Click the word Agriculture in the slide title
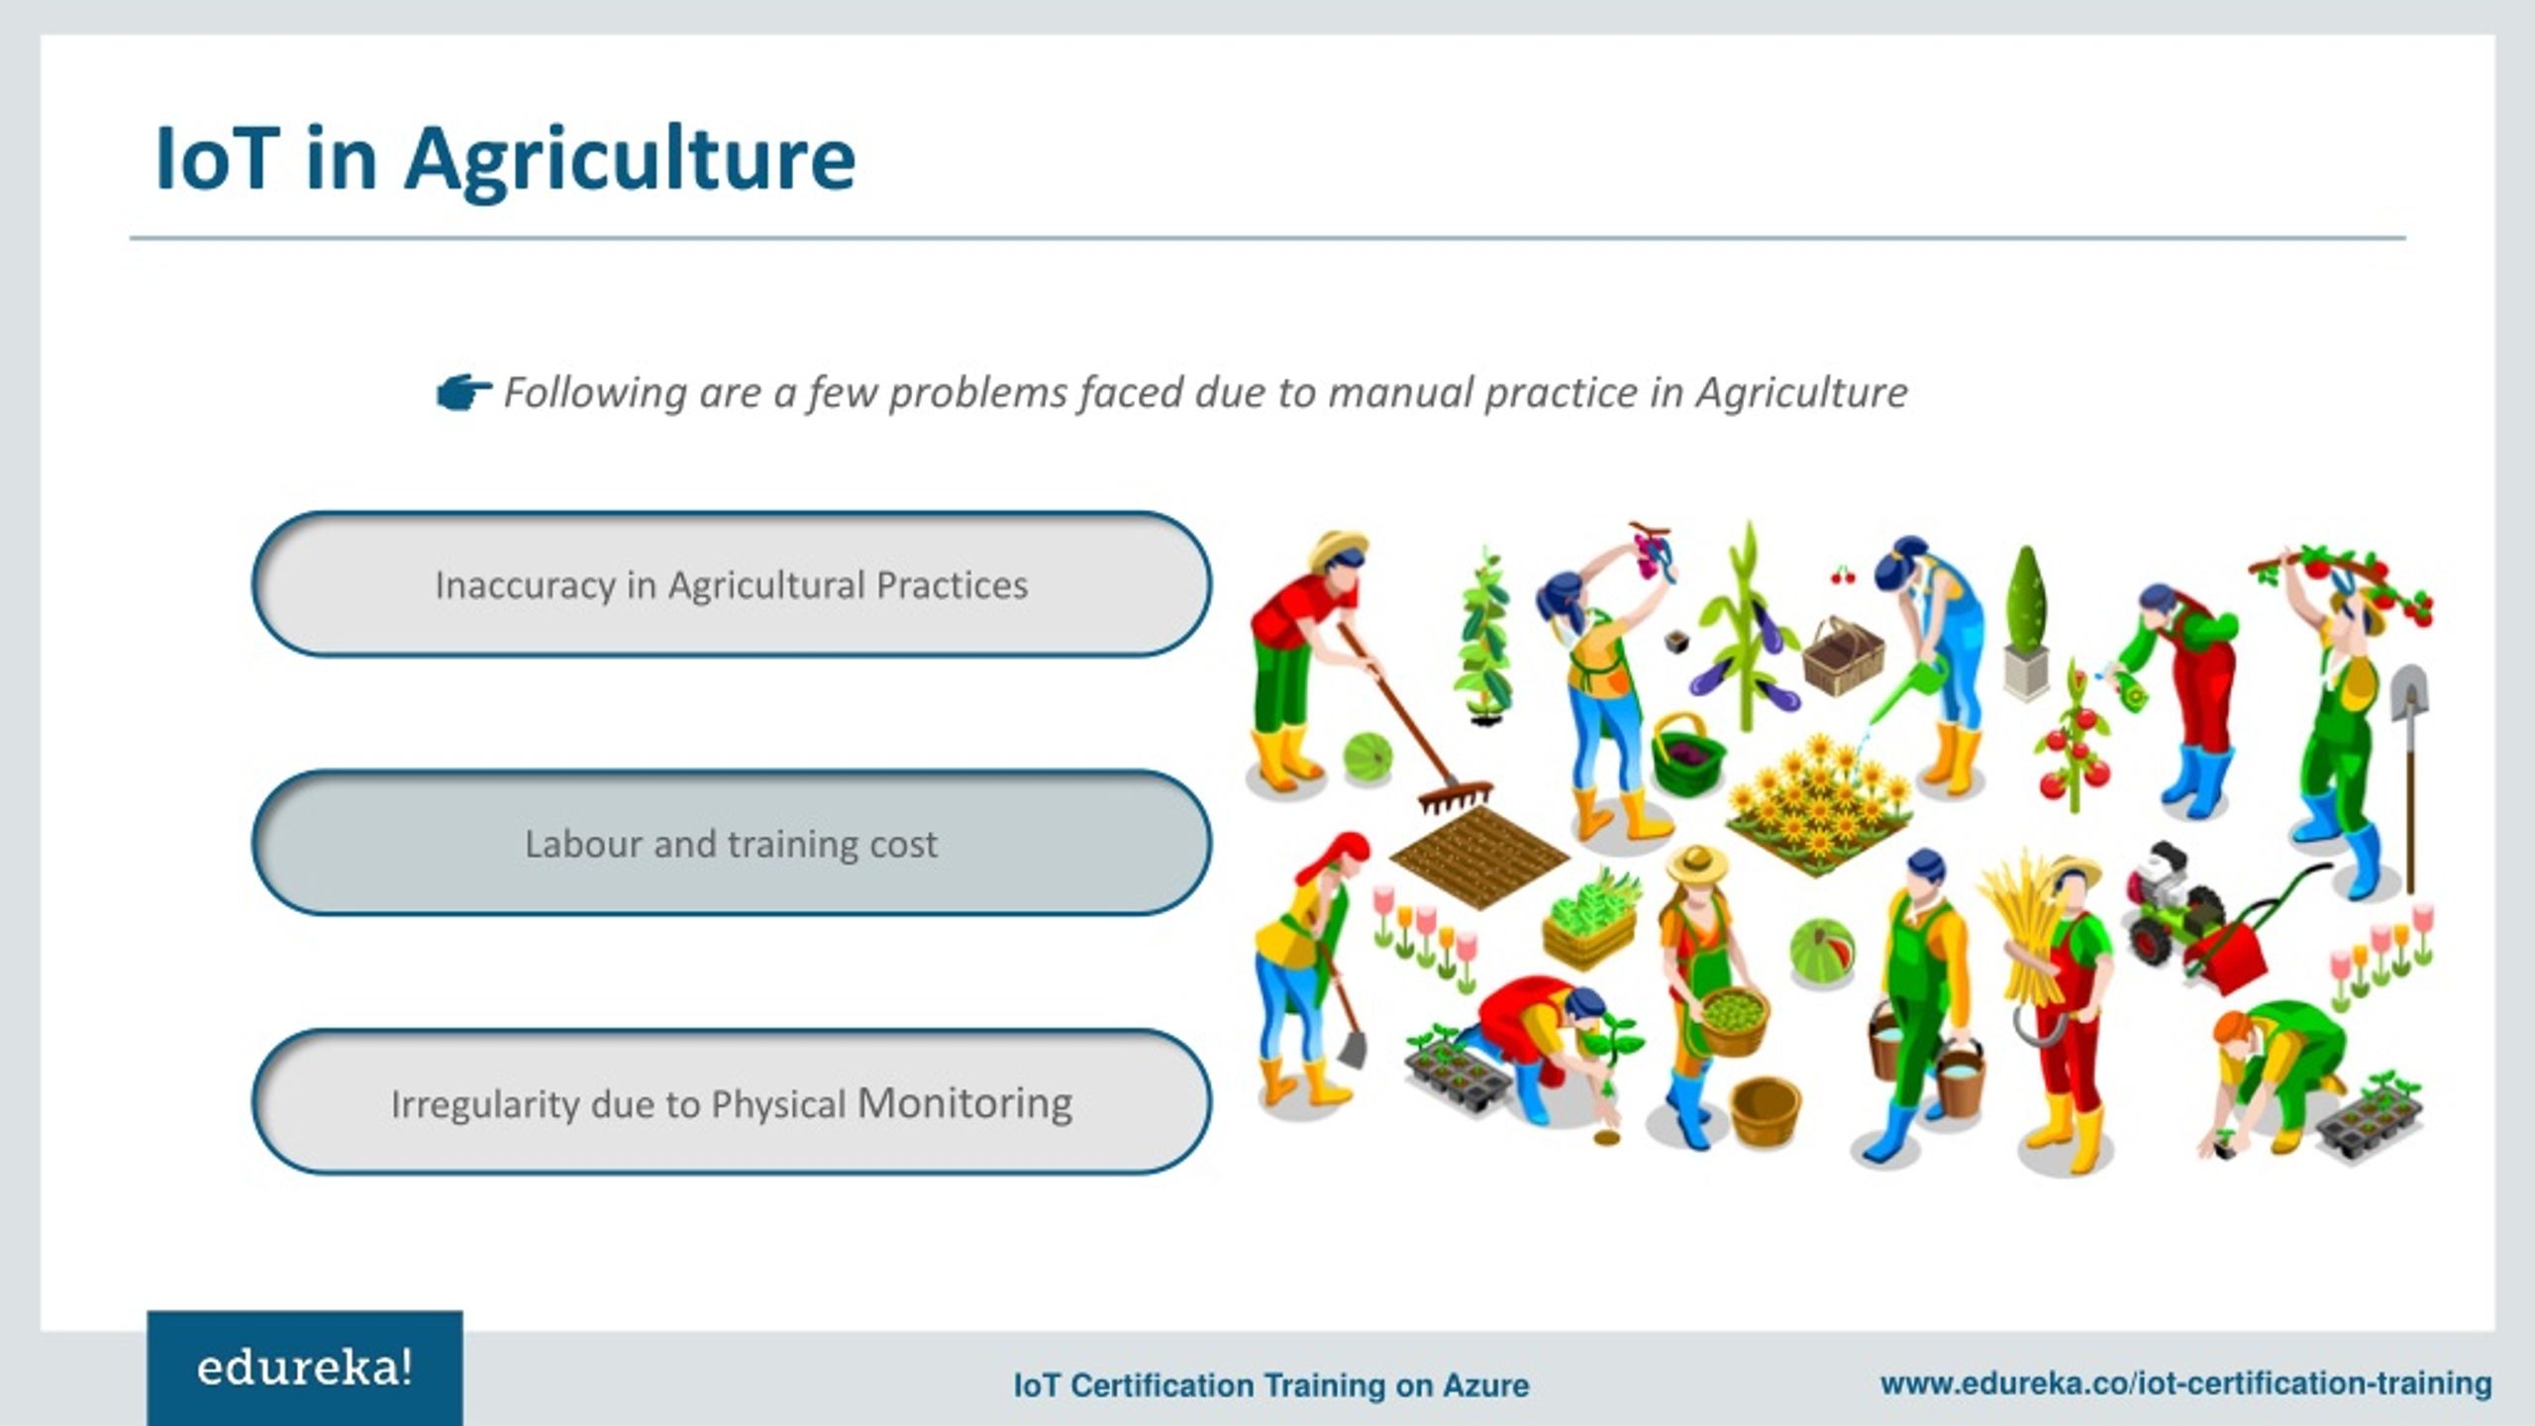click(x=630, y=160)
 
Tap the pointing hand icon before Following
click(x=463, y=393)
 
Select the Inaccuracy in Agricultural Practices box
click(x=732, y=584)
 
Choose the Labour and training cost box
click(x=732, y=843)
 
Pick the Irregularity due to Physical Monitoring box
click(x=732, y=1102)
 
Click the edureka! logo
click(x=305, y=1369)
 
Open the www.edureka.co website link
click(x=2185, y=1383)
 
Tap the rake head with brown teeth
click(x=1456, y=796)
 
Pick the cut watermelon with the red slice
click(x=1822, y=952)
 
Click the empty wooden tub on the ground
click(x=1765, y=1111)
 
